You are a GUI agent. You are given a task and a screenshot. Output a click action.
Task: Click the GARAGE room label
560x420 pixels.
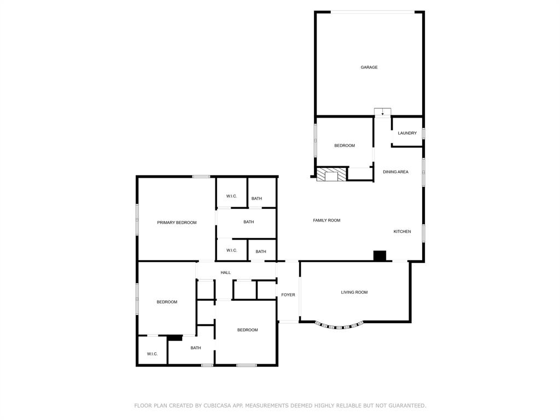(369, 67)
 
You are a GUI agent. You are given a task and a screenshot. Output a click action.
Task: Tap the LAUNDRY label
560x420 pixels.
(407, 133)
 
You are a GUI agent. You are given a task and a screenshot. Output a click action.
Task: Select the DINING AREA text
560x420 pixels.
(395, 172)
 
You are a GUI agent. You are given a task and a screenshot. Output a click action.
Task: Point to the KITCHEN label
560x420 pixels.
(402, 232)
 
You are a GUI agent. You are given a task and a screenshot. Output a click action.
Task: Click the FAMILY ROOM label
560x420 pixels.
(326, 220)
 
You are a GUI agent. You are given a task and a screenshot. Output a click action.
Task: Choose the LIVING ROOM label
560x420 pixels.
(354, 293)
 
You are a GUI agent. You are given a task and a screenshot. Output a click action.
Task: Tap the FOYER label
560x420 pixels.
(288, 295)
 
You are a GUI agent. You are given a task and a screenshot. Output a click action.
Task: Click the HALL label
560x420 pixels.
(226, 273)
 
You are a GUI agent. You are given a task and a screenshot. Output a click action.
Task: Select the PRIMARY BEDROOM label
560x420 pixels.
(177, 223)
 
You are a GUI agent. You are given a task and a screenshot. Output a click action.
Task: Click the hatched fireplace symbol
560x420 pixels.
(331, 174)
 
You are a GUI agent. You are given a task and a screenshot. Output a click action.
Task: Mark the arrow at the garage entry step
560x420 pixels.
(382, 113)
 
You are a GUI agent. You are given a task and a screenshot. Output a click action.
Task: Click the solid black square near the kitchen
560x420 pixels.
(380, 255)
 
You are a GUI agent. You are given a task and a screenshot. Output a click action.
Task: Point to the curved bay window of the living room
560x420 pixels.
(339, 326)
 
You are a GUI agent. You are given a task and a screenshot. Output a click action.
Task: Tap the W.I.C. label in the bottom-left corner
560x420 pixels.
(152, 354)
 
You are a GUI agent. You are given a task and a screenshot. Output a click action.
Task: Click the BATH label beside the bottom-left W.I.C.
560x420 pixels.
(196, 348)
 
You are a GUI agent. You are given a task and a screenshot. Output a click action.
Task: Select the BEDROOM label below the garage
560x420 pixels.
(345, 146)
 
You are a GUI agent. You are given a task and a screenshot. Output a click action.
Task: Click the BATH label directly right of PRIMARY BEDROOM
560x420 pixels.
(249, 222)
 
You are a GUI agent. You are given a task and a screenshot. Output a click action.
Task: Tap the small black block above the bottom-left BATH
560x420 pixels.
(175, 338)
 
